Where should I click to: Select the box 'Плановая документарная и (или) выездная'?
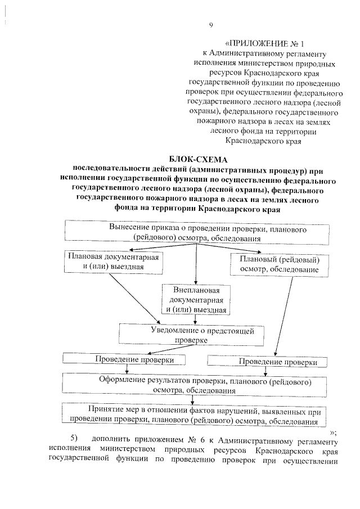(x=113, y=260)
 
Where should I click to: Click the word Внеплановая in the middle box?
(x=196, y=290)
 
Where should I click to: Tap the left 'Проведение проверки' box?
(x=126, y=359)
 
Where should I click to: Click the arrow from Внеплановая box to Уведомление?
(x=195, y=319)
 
